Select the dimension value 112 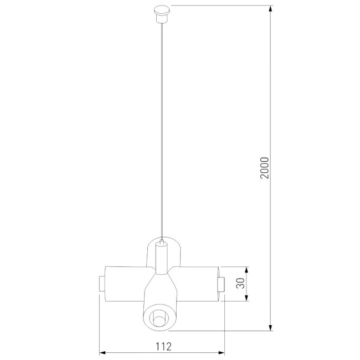[x=163, y=347]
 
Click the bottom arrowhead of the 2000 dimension [x=270, y=327]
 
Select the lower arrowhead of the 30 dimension [x=246, y=299]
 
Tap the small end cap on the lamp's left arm [x=101, y=284]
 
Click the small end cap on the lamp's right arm [x=221, y=284]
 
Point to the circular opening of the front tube [x=159, y=318]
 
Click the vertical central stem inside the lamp [x=161, y=260]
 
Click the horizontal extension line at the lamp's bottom [x=222, y=331]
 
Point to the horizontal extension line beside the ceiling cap [x=222, y=6]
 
